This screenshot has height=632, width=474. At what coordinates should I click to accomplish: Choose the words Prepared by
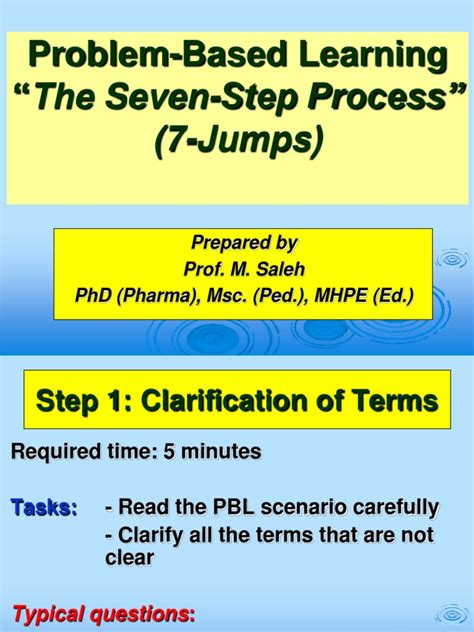[x=244, y=243]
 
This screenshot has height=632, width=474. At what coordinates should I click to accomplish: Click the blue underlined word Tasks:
[x=44, y=509]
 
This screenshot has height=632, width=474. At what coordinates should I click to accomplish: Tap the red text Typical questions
[x=100, y=612]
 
